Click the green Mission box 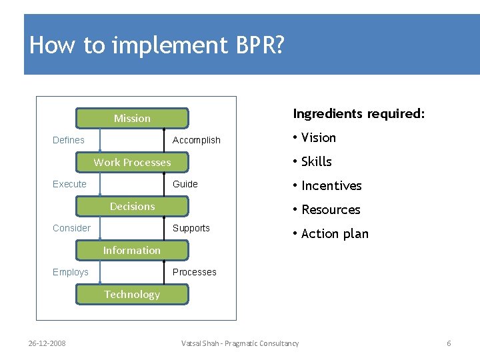pyautogui.click(x=132, y=118)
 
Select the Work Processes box pyautogui.click(x=132, y=162)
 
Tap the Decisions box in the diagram pyautogui.click(x=132, y=206)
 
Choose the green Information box pyautogui.click(x=132, y=250)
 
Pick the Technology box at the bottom pyautogui.click(x=132, y=294)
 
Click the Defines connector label pyautogui.click(x=69, y=140)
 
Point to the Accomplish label pyautogui.click(x=196, y=140)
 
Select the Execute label pyautogui.click(x=69, y=184)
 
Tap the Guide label pyautogui.click(x=185, y=184)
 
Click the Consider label pyautogui.click(x=71, y=228)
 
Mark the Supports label pyautogui.click(x=191, y=228)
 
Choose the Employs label pyautogui.click(x=71, y=272)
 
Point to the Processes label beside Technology pyautogui.click(x=195, y=272)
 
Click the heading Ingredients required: pyautogui.click(x=359, y=113)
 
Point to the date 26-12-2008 pyautogui.click(x=47, y=343)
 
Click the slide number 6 pyautogui.click(x=449, y=343)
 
